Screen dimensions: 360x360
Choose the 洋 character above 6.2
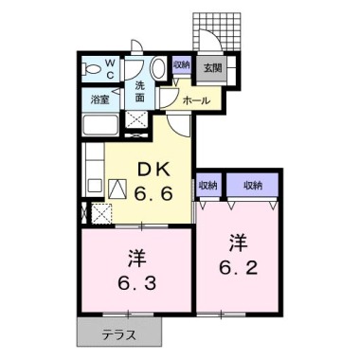click(x=238, y=240)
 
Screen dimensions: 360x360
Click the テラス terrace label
click(x=117, y=333)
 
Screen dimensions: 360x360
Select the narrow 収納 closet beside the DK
click(x=207, y=186)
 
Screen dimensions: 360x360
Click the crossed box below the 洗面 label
click(x=137, y=121)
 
